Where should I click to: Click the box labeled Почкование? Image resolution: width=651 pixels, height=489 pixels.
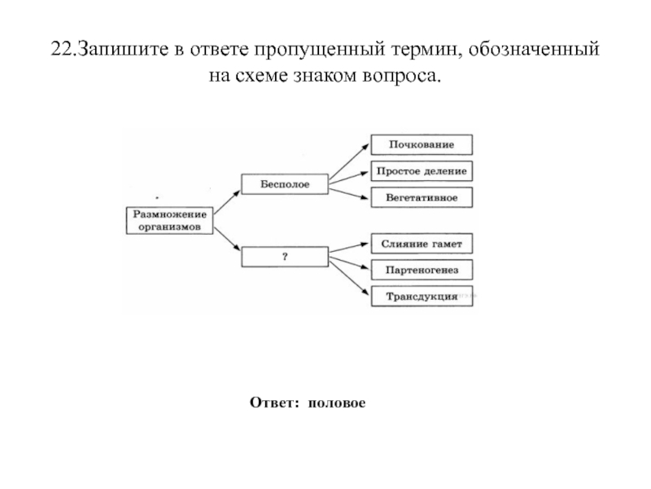[422, 144]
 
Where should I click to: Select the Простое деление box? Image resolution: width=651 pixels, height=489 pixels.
[422, 171]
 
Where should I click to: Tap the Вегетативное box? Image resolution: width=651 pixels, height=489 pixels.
[422, 197]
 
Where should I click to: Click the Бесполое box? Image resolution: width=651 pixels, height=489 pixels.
[285, 184]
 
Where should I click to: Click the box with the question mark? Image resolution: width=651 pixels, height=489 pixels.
[285, 257]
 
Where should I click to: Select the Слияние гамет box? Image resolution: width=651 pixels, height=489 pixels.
[422, 243]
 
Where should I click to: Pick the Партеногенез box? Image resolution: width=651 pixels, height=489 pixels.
[422, 270]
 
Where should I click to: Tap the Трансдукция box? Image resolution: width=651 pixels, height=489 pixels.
[422, 296]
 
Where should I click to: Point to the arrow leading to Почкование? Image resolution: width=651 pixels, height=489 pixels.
[348, 158]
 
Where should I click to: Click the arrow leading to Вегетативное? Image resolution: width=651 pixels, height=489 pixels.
[348, 192]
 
